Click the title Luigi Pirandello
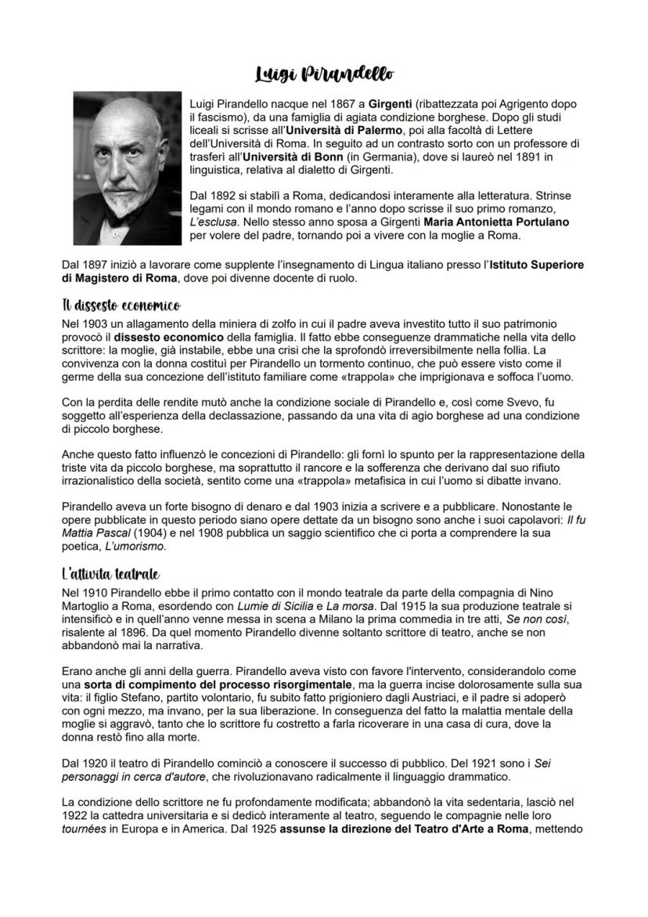click(323, 74)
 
